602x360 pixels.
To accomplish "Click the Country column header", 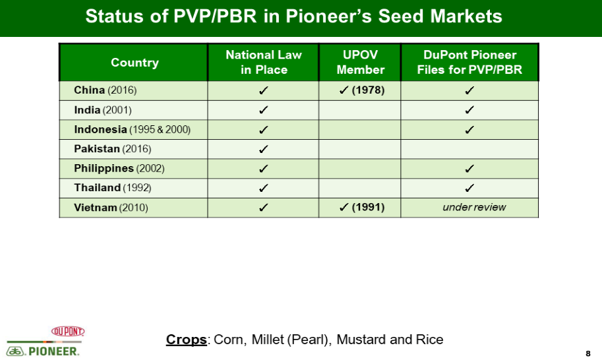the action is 135,63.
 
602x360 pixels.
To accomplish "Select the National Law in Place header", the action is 264,62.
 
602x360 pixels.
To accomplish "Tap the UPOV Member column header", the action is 360,62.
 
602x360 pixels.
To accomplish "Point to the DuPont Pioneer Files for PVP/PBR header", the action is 469,62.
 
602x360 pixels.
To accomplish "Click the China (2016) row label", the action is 105,90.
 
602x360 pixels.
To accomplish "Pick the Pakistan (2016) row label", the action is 113,149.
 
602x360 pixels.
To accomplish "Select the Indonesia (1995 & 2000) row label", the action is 132,129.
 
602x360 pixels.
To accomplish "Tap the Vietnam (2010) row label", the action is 111,208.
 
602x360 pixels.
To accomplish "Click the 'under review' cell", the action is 474,207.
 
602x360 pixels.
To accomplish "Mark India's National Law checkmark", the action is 263,110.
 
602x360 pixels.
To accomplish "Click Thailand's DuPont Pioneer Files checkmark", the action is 469,188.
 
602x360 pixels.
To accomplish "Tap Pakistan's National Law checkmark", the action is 263,149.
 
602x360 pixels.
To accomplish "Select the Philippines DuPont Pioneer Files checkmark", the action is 469,169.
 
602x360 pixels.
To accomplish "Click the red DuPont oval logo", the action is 68,331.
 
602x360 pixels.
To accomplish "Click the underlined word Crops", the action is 186,340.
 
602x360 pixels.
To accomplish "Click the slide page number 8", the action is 587,353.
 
